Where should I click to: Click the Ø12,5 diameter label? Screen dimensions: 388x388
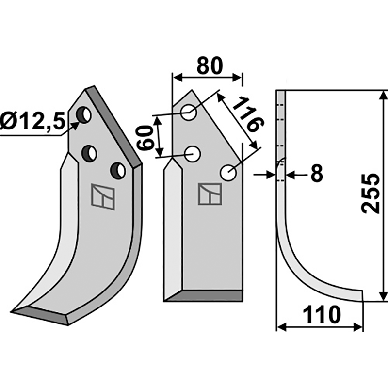32,121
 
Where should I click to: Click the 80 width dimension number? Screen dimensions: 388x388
210,66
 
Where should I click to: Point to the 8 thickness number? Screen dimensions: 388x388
317,173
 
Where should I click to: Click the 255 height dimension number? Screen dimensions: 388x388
371,193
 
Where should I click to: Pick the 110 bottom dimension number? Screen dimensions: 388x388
322,315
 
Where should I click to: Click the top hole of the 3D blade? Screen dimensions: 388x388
84,114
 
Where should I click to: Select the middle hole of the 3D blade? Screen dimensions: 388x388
89,153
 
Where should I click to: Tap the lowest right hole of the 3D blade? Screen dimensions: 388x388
118,171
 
